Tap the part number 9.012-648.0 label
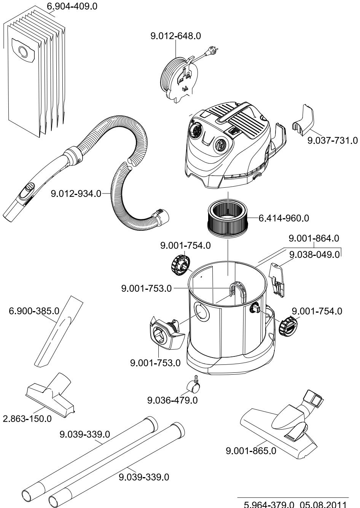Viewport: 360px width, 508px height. pos(176,36)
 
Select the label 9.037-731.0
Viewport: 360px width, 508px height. pos(332,141)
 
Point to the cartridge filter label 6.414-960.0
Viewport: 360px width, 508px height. pos(284,218)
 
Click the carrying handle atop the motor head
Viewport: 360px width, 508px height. pos(238,114)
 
